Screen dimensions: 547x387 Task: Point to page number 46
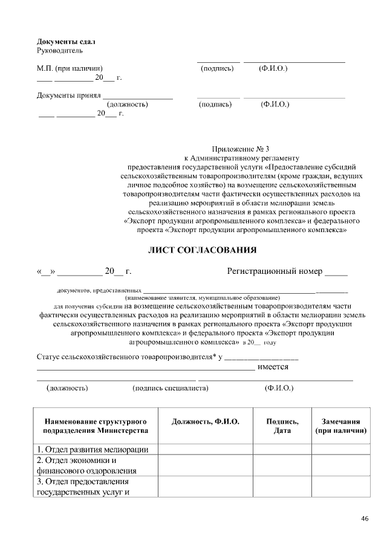[365, 519]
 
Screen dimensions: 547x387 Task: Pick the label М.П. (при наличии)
[73, 68]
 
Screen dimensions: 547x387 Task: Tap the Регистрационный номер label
[275, 271]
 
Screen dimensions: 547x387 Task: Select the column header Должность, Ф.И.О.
[206, 421]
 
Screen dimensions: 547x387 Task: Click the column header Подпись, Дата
[282, 426]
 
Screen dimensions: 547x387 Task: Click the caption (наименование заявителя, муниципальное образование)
[202, 298]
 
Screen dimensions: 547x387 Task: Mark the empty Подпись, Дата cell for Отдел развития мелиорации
[282, 449]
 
